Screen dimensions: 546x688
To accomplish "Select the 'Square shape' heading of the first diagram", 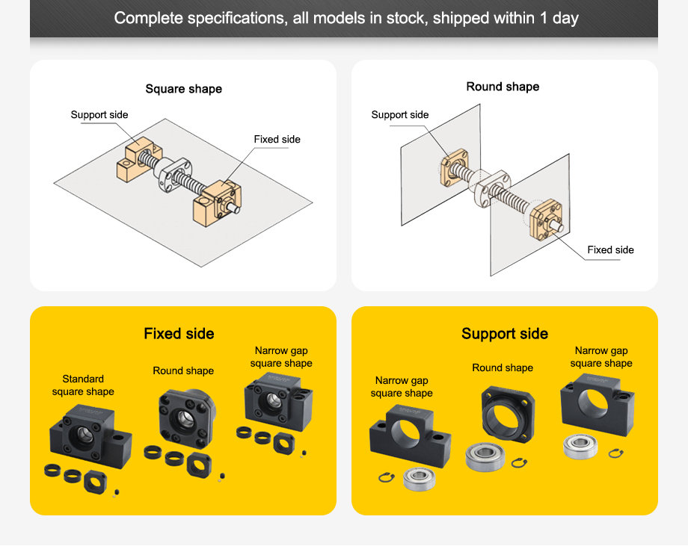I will coord(183,89).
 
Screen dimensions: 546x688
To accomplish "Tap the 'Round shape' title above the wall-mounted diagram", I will coord(503,87).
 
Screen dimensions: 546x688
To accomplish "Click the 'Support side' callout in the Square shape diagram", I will coord(99,114).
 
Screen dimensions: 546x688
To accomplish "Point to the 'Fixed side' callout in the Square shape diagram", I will coord(277,140).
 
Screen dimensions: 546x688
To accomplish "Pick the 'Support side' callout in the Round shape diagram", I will coord(400,114).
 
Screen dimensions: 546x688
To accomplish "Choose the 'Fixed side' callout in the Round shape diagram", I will coord(610,249).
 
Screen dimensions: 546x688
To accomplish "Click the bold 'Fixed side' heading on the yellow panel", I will coord(179,334).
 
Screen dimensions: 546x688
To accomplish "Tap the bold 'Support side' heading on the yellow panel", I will coord(505,334).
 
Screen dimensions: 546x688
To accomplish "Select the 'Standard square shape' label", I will coord(83,385).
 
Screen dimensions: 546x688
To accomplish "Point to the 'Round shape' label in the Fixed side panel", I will coord(183,370).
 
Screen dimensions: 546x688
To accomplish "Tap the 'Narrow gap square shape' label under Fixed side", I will coord(281,357).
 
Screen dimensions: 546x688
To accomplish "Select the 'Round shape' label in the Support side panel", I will coord(503,367).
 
